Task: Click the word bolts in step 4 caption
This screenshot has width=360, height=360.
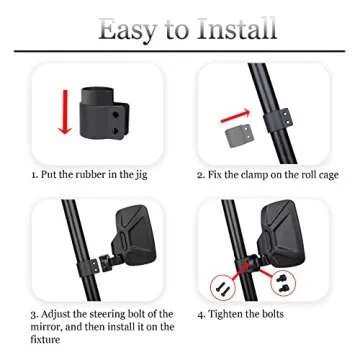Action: coord(294,313)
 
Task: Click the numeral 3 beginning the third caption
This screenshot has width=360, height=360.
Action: coord(33,313)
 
